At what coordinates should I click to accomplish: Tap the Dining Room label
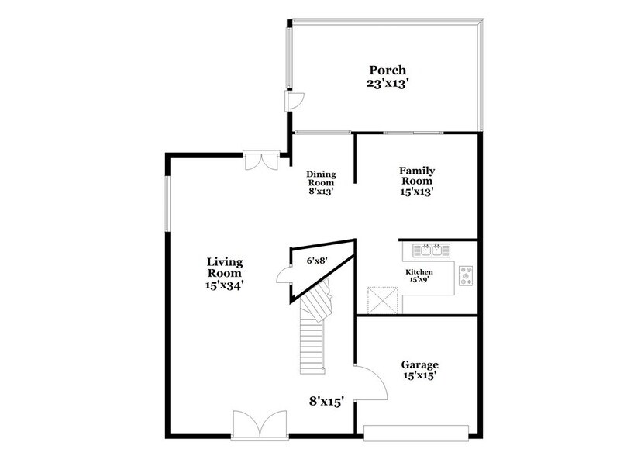(320, 178)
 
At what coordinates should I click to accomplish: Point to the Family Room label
(416, 175)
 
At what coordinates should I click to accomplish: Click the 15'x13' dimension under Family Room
(416, 192)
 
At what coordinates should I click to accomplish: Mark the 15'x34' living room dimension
(225, 285)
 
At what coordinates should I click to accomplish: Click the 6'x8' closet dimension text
(316, 261)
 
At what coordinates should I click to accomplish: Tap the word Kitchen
(419, 272)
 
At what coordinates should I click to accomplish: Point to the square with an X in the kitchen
(381, 299)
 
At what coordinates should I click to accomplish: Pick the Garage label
(419, 364)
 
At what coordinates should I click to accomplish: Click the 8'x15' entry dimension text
(326, 401)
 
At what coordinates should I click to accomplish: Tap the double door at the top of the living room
(257, 159)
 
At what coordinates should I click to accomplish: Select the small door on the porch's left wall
(295, 102)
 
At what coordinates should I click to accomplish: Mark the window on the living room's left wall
(167, 203)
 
